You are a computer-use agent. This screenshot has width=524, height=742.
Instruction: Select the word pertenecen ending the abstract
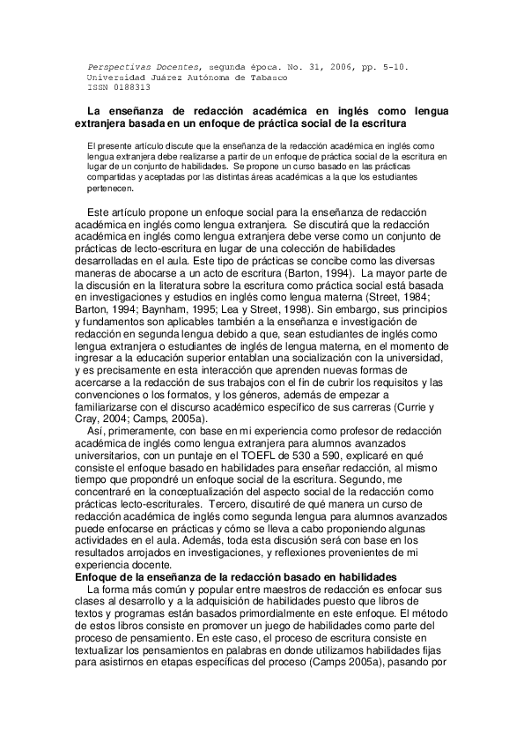pyautogui.click(x=109, y=188)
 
